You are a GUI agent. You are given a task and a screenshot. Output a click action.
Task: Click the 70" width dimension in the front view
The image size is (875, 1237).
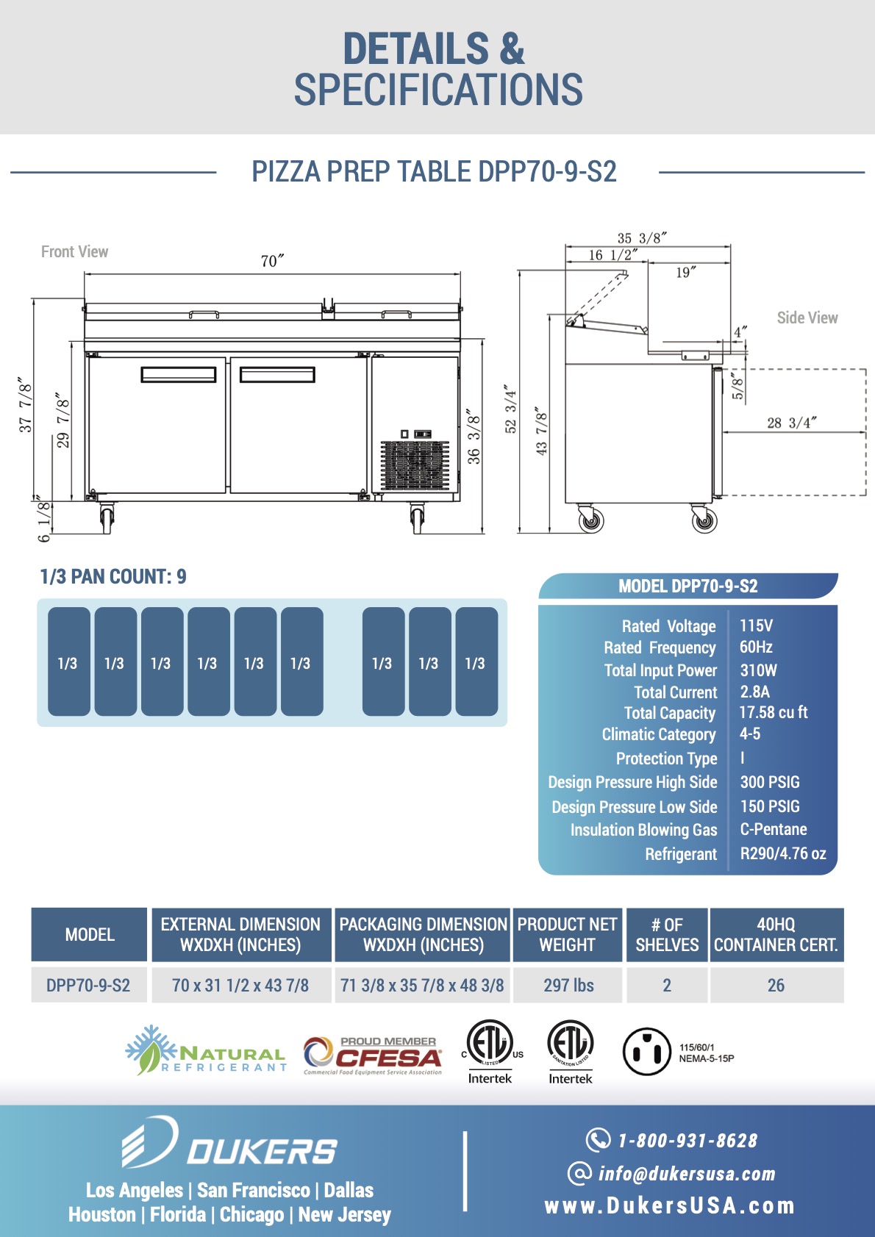click(272, 262)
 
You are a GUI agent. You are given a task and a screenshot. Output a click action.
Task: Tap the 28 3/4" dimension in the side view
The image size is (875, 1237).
click(791, 423)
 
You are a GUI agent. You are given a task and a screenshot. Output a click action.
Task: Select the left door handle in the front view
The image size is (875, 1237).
click(179, 375)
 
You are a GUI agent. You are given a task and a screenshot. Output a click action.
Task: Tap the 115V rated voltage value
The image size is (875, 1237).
click(756, 625)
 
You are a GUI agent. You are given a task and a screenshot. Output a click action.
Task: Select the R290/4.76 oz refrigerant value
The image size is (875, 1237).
click(782, 853)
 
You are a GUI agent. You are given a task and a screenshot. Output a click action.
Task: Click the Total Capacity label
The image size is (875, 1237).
click(669, 713)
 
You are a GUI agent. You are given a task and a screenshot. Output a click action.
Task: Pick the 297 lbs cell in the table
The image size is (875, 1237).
click(568, 985)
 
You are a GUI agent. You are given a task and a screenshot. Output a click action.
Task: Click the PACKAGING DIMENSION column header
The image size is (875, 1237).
click(423, 934)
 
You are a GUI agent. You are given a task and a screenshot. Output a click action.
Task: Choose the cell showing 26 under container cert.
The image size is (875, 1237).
click(776, 985)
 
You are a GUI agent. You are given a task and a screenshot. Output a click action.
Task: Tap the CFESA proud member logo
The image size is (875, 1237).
click(374, 1055)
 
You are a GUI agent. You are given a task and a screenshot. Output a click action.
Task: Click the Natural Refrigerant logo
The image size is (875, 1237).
click(205, 1052)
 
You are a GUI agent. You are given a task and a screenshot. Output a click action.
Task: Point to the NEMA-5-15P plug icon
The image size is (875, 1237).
click(646, 1052)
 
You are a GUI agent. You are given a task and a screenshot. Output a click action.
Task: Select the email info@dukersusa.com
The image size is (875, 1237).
click(686, 1174)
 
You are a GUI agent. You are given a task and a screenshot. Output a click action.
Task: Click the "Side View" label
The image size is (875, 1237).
click(807, 318)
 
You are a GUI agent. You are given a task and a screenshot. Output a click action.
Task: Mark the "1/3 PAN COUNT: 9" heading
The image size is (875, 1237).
click(113, 577)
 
